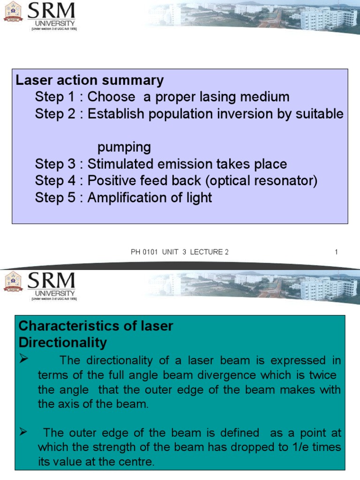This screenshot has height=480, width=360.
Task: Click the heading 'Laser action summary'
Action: pyautogui.click(x=90, y=80)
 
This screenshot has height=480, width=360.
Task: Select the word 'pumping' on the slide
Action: pyautogui.click(x=124, y=147)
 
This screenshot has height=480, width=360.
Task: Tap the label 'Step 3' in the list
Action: pyautogui.click(x=55, y=164)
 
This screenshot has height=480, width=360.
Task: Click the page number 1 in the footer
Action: pyautogui.click(x=336, y=252)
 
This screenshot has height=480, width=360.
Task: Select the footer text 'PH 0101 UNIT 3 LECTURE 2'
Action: pyautogui.click(x=180, y=252)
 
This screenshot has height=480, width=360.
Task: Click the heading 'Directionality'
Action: pyautogui.click(x=62, y=343)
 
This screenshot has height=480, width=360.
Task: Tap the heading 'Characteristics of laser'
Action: pyautogui.click(x=96, y=326)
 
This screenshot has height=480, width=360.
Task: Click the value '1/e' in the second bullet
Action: pyautogui.click(x=285, y=447)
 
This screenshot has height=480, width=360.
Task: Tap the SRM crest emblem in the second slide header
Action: pyautogui.click(x=13, y=284)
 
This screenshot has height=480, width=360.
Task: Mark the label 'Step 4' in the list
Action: pyautogui.click(x=55, y=181)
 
